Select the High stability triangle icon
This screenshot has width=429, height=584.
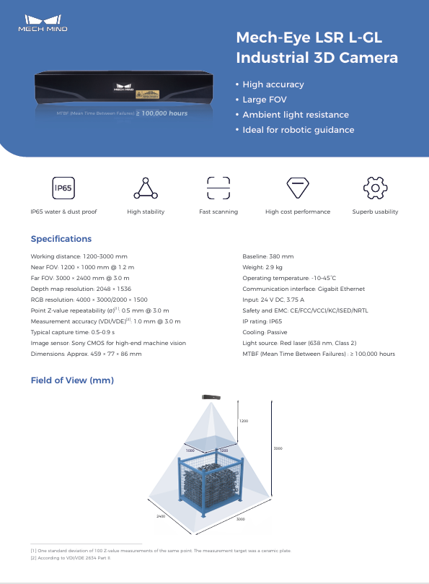click(x=146, y=188)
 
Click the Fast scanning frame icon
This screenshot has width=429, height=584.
click(x=218, y=188)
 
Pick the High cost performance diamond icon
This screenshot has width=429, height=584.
click(x=298, y=188)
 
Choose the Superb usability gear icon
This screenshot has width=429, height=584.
click(x=375, y=188)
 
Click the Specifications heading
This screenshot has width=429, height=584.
click(x=61, y=239)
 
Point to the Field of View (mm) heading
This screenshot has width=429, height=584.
click(x=72, y=380)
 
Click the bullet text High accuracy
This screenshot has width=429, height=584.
click(x=273, y=84)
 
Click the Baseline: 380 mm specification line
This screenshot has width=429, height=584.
click(x=267, y=256)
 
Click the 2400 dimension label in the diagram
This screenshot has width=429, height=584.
click(x=161, y=517)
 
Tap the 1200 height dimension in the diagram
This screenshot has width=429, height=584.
click(x=244, y=420)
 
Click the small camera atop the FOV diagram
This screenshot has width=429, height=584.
click(x=212, y=397)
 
